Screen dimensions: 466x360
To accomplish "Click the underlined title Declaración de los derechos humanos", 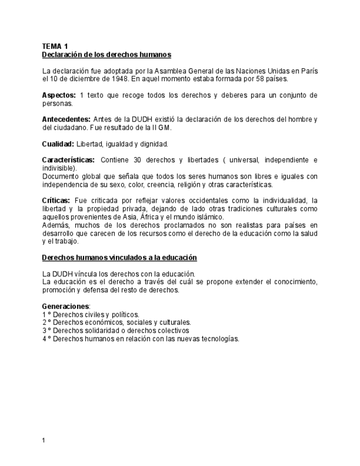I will click(107, 55).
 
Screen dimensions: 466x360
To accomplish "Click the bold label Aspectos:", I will click(59, 95).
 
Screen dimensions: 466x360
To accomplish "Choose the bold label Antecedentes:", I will click(67, 119).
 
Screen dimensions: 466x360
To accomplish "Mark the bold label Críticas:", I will click(56, 201).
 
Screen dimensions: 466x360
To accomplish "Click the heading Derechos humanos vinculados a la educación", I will click(119, 257).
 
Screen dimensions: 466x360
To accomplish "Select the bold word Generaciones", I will click(65, 306).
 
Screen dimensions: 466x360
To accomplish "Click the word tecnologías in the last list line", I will click(220, 339).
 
